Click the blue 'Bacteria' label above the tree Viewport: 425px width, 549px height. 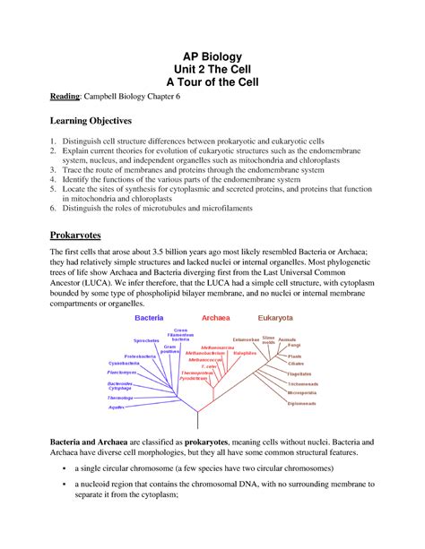[x=148, y=317]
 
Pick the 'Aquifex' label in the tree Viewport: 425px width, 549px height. [x=117, y=407]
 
